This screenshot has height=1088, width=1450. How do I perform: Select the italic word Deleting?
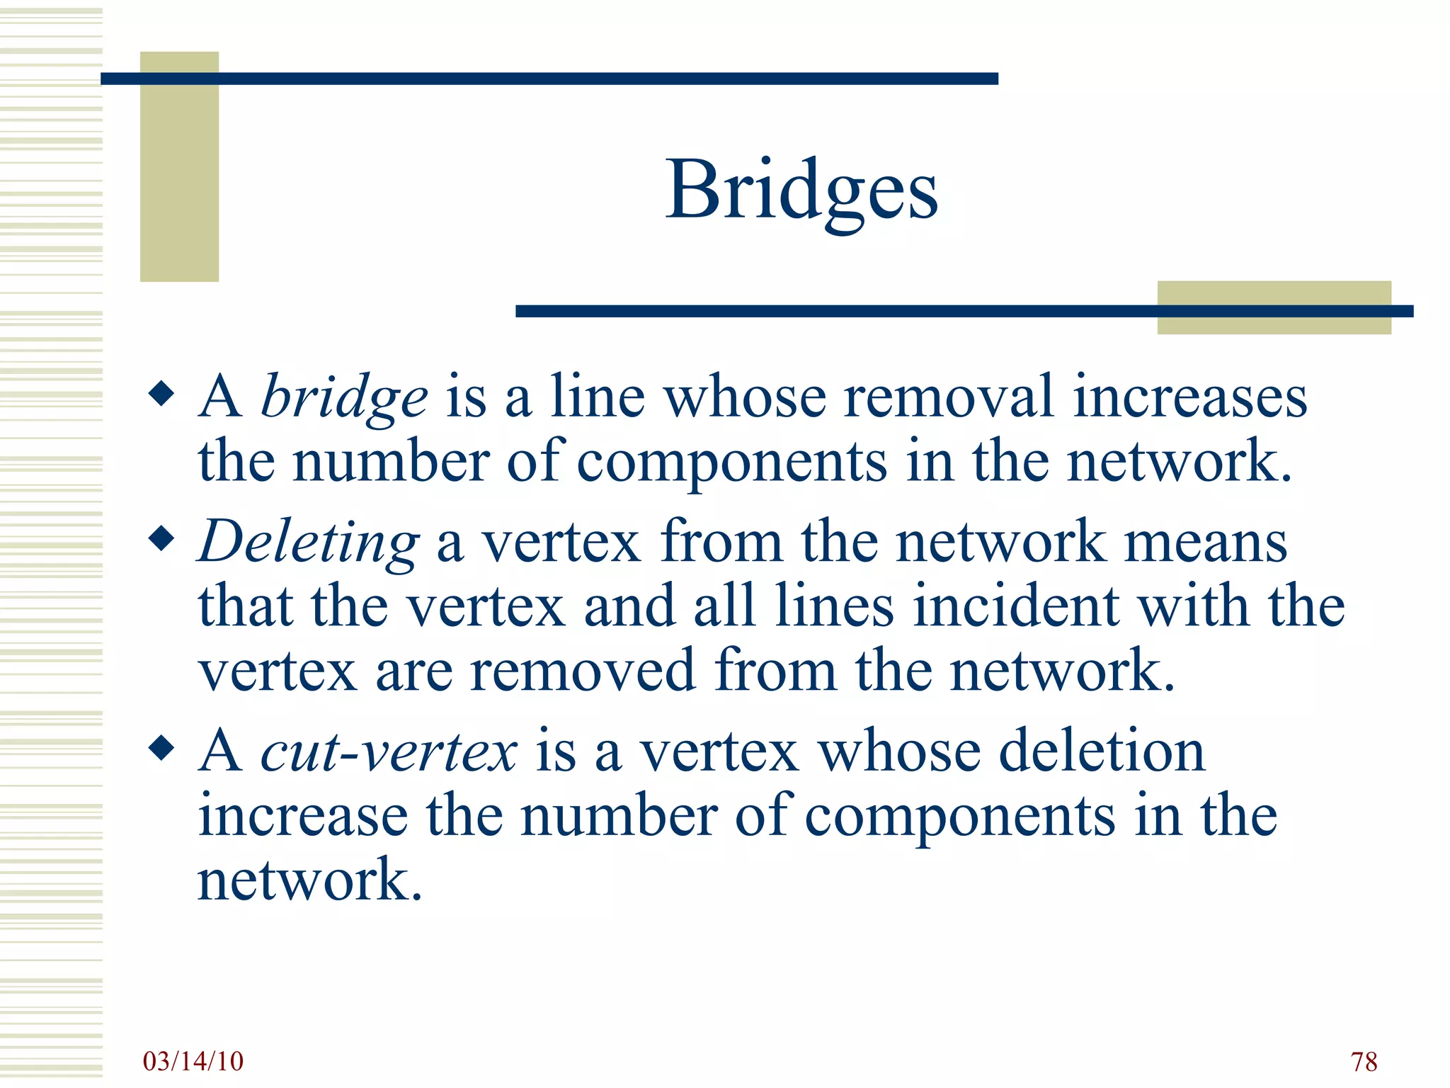pyautogui.click(x=309, y=542)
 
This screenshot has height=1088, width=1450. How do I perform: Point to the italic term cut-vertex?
pyautogui.click(x=389, y=751)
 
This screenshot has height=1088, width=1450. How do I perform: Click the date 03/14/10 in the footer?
pyautogui.click(x=193, y=1061)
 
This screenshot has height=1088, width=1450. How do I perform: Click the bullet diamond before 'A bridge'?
pyautogui.click(x=162, y=394)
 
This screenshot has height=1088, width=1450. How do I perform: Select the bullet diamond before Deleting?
pyautogui.click(x=162, y=539)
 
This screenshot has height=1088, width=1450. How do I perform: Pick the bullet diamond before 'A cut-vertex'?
pyautogui.click(x=162, y=748)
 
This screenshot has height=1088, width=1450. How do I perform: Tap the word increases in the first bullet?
pyautogui.click(x=1189, y=397)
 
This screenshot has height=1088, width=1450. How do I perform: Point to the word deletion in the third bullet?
pyautogui.click(x=1102, y=751)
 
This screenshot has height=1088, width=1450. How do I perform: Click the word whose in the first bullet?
pyautogui.click(x=745, y=397)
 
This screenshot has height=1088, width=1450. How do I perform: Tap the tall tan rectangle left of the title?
pyautogui.click(x=179, y=166)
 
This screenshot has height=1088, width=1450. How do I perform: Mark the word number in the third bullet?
pyautogui.click(x=619, y=816)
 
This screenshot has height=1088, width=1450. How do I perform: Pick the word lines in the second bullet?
pyautogui.click(x=834, y=606)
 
